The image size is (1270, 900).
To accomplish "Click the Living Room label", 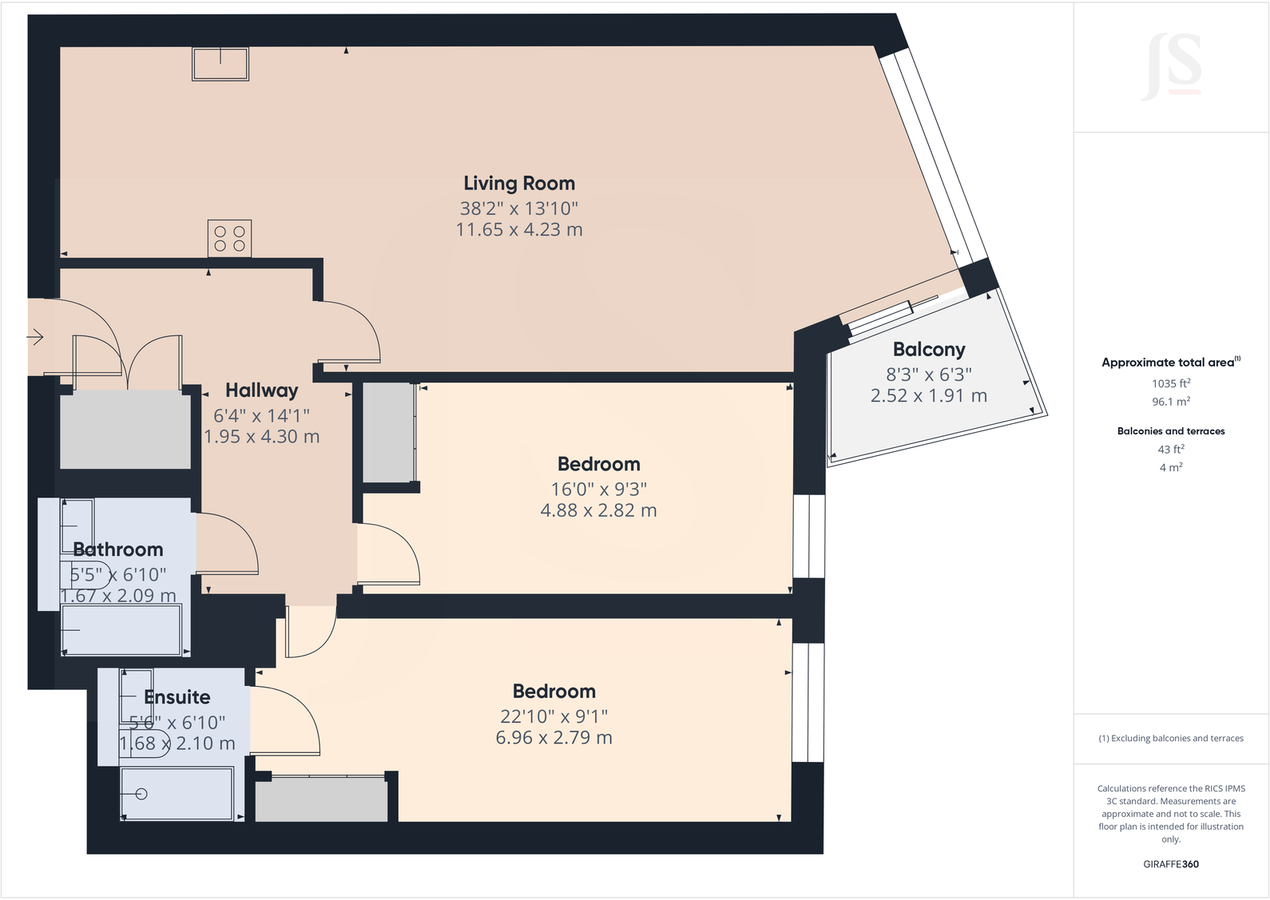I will pos(519,184).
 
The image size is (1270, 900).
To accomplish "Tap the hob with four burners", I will pos(229,239).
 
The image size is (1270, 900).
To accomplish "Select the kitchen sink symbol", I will pos(220,64).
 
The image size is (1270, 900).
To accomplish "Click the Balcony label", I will pos(929,350).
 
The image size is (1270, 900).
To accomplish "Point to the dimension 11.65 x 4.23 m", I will pos(519,230).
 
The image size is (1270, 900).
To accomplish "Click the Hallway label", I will pos(261,391).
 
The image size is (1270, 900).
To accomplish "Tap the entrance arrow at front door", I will pos(35,338).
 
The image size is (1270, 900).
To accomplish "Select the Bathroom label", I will pos(118,549).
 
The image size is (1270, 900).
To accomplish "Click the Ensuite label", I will pos(177,697).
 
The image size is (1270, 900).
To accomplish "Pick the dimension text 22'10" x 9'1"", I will pos(554,716).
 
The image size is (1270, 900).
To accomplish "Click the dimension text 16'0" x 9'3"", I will pos(598,489).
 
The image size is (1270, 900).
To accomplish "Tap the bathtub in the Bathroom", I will pos(121,630).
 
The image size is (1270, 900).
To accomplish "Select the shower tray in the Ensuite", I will pos(177,794).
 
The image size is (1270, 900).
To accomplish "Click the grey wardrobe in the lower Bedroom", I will pos(321,799).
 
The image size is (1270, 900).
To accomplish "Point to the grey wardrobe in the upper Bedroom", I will pos(388,433).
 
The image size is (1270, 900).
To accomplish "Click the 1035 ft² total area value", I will pos(1171,383).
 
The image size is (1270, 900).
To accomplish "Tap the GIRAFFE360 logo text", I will pos(1171,864).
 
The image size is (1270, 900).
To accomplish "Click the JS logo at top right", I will pos(1173,66).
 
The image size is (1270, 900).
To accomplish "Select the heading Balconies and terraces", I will pos(1171,431).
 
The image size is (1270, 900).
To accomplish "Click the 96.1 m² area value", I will pos(1171,402).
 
